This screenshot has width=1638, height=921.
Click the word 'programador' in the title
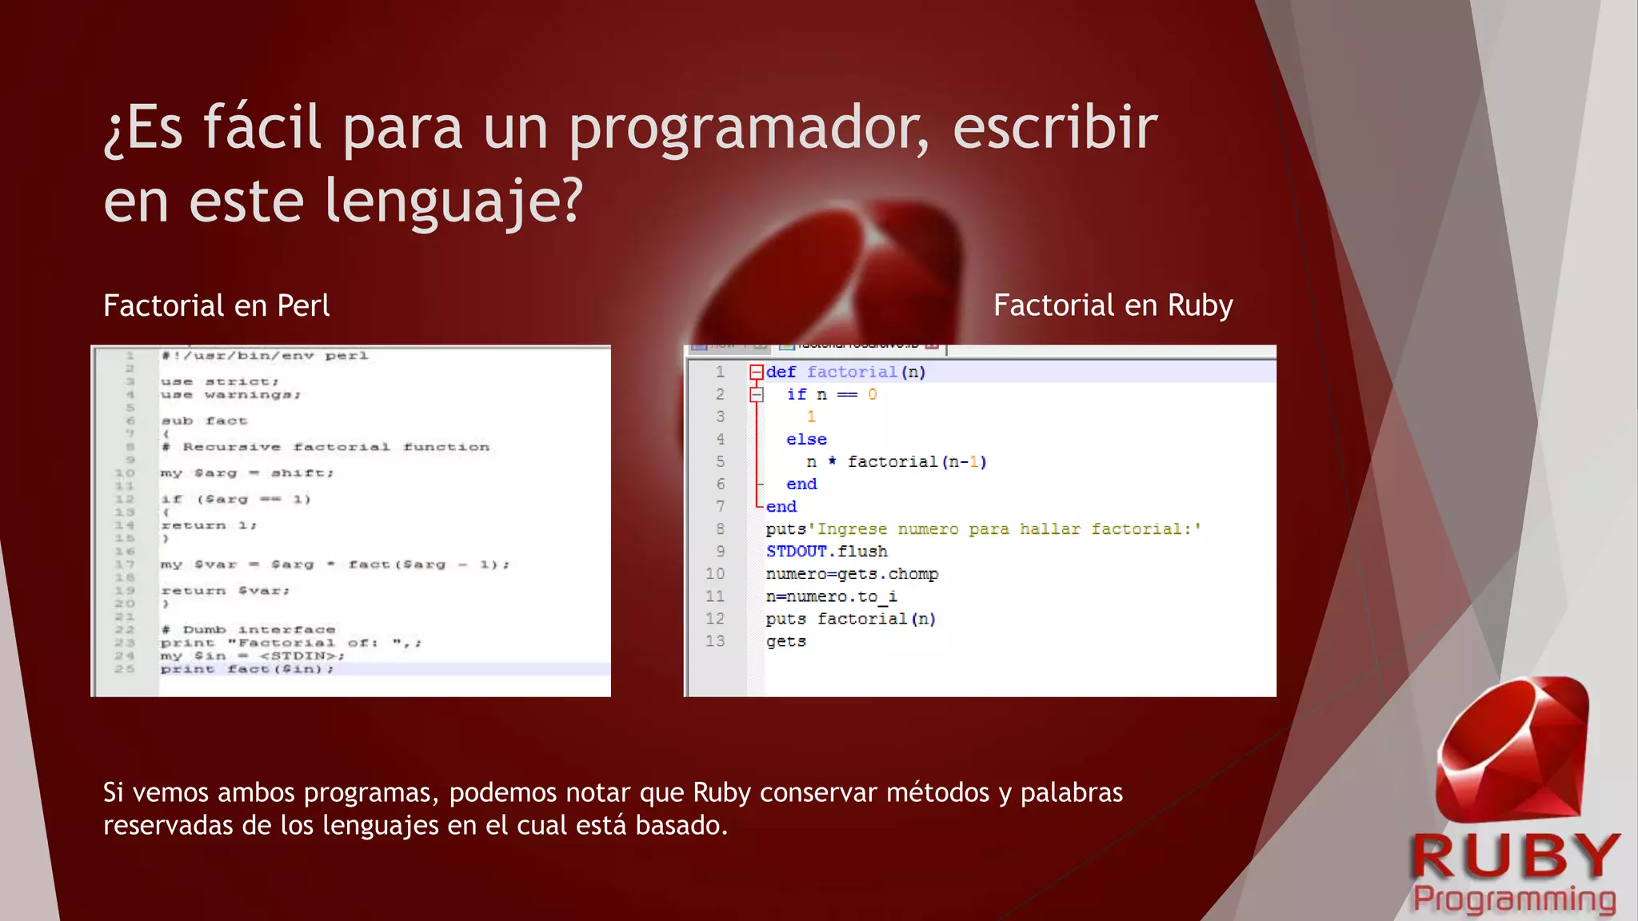[749, 128]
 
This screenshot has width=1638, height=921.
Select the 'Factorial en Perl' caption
[216, 305]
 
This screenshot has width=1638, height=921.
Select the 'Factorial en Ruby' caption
[1113, 305]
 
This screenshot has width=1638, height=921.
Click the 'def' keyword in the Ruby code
[781, 372]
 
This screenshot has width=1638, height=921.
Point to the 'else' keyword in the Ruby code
[806, 439]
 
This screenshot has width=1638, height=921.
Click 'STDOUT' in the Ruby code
[797, 551]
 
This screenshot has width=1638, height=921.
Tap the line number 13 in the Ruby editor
[714, 640]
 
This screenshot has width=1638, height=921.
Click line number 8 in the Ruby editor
[720, 528]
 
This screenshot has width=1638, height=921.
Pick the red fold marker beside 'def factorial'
[756, 372]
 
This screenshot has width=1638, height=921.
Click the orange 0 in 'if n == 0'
[872, 394]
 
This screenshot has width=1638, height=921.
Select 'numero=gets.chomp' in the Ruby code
[852, 573]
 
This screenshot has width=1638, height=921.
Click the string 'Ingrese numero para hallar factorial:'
[1008, 528]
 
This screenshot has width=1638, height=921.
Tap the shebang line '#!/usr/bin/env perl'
[264, 356]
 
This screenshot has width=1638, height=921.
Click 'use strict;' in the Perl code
[219, 381]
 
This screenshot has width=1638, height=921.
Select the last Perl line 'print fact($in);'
[246, 669]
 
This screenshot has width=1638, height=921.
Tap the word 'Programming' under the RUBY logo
[1514, 899]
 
